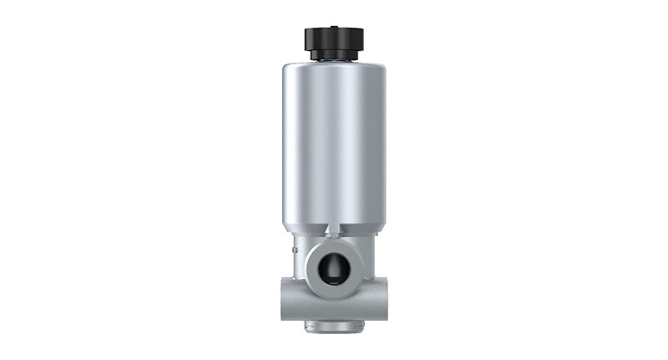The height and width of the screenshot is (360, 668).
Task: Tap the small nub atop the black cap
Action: (x=333, y=26)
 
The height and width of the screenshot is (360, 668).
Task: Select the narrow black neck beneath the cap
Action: (x=333, y=56)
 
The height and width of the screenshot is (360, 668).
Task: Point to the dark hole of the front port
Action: (x=333, y=266)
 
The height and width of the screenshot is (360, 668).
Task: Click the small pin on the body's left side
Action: (x=293, y=247)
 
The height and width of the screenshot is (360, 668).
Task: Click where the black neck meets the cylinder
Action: (x=333, y=61)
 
